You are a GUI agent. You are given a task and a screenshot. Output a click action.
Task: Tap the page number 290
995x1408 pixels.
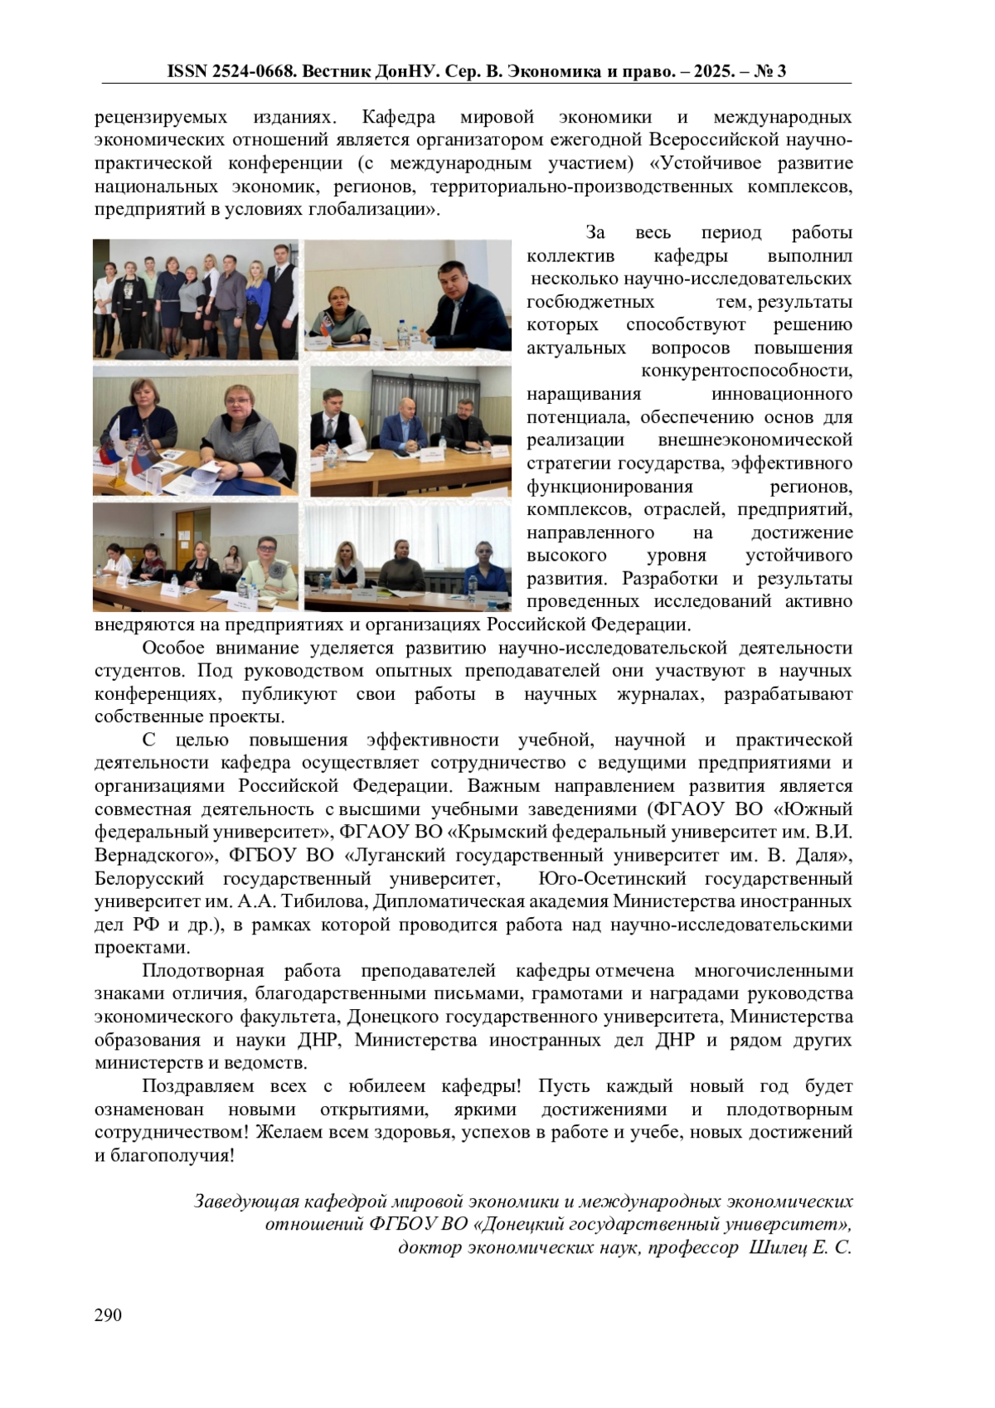[x=108, y=1315]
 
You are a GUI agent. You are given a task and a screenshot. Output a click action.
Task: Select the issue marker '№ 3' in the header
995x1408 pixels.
[x=770, y=71]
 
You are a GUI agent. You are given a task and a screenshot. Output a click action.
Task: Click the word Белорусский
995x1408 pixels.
[x=149, y=878]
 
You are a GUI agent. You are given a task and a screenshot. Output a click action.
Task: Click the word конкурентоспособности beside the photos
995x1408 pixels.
[x=746, y=371]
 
